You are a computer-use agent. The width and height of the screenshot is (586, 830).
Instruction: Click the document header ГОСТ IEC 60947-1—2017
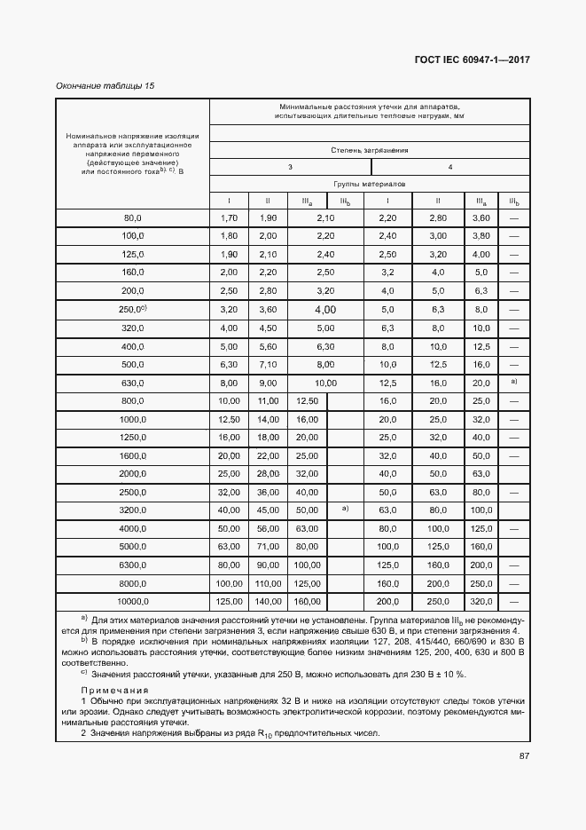point(472,59)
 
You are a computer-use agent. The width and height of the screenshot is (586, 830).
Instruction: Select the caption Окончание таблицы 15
point(105,85)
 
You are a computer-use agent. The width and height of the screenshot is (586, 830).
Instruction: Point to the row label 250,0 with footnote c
point(133,309)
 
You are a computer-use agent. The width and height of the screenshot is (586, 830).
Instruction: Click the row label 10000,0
point(133,602)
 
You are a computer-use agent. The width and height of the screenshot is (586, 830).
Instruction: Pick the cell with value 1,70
point(228,217)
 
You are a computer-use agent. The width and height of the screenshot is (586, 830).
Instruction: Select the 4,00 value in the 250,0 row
point(324,309)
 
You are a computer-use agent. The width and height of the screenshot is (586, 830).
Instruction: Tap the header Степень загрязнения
point(370,150)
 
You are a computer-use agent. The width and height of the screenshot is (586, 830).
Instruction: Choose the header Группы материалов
point(370,184)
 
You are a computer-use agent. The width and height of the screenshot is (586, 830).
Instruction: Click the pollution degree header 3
point(289,167)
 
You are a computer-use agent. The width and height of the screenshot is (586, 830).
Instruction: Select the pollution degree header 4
point(450,167)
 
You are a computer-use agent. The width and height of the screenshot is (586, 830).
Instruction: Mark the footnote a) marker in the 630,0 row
point(513,382)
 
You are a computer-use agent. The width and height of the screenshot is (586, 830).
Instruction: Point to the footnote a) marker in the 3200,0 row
point(346,510)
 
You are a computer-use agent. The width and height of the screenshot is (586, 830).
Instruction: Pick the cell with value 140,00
point(267,602)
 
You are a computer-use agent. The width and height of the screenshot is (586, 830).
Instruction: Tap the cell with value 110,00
point(267,583)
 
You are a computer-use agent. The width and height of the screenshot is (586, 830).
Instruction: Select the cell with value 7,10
point(267,364)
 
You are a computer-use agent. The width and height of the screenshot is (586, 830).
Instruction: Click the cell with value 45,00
point(267,510)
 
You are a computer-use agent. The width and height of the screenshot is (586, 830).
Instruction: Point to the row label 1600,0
point(133,455)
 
